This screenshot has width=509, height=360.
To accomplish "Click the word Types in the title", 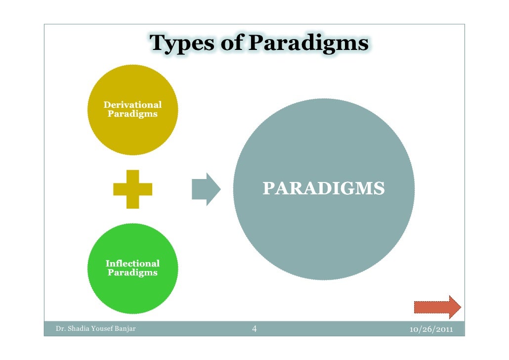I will pos(181,44).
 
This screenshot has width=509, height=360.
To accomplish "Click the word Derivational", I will pos(132,105).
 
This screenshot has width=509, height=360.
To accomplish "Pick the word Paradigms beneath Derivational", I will pos(132,114).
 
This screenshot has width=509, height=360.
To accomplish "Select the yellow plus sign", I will pos(132,189).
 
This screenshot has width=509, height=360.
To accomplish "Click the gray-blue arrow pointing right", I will pos(206,189).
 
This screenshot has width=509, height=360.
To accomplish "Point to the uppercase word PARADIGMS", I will pos(324,188).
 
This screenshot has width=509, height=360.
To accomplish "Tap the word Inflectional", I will pos(132,264).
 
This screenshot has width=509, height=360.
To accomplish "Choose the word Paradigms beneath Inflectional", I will pos(132,272).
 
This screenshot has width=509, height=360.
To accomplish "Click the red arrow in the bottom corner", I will pos(437,307).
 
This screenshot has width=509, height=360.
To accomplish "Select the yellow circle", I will pos(132,134).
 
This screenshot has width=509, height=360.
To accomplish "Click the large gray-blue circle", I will pos(324,232).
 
